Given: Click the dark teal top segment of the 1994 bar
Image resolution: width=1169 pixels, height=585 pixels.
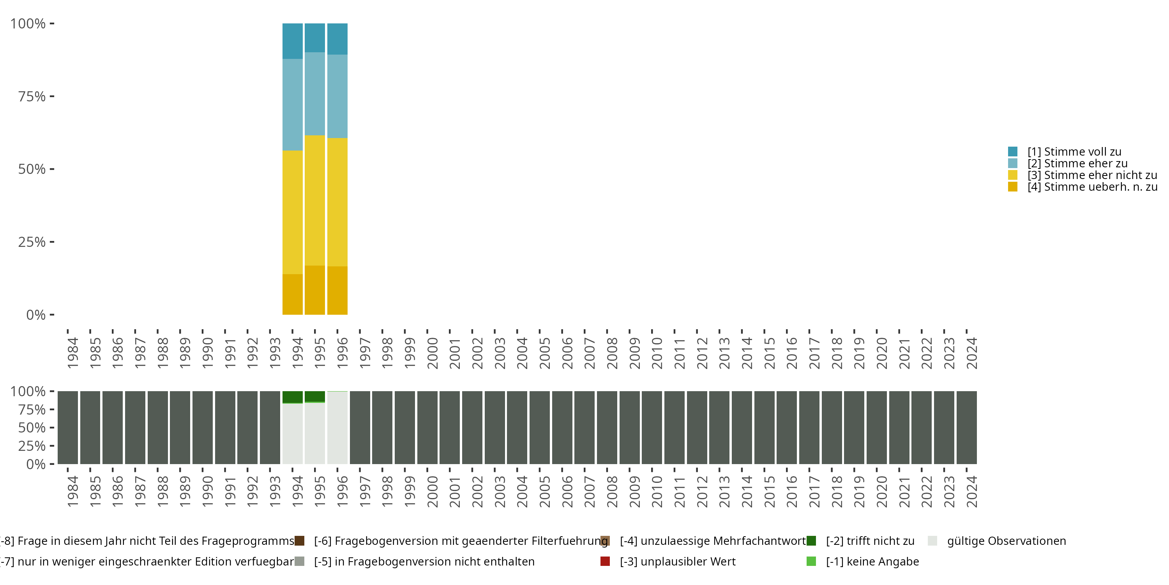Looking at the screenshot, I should point(292,41).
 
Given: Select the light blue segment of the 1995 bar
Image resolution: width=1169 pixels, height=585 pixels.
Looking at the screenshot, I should point(314,94).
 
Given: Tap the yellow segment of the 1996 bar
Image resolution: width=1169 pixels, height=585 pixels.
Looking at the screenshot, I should point(337,202).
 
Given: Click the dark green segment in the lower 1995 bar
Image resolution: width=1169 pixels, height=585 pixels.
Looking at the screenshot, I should point(314,396).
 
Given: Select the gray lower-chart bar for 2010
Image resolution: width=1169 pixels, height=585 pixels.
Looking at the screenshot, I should point(652,427).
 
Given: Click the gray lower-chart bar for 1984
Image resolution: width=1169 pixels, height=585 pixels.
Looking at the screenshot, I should point(68,427).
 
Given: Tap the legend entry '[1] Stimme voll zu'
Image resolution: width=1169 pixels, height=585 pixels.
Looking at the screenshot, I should point(1074,152).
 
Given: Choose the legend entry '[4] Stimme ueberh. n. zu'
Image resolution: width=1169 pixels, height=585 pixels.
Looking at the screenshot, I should point(1092,187).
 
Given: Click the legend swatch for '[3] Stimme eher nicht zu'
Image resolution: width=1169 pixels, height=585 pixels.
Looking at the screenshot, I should point(1012,175).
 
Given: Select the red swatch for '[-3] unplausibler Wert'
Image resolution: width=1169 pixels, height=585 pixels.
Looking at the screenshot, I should point(605,561).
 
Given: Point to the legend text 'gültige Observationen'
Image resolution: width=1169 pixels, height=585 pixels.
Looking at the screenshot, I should point(1007,541).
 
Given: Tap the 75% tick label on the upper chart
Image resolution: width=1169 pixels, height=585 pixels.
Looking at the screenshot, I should point(32,96).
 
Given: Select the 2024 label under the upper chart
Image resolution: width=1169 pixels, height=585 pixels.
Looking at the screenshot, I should point(971,353).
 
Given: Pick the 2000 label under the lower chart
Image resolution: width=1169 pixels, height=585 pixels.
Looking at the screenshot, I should point(432,491).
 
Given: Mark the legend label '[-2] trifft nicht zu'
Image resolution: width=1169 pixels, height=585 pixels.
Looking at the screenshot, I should point(870,541).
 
